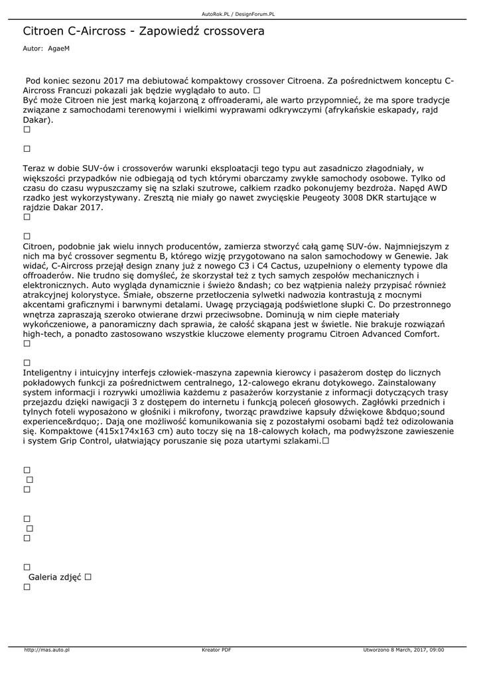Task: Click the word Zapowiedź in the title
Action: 173,31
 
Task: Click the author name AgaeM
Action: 58,49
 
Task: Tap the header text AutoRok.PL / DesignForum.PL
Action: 238,13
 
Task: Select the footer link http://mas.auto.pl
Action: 47,650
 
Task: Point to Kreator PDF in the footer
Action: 216,650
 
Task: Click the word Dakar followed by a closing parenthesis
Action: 36,121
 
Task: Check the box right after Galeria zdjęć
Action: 88,577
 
